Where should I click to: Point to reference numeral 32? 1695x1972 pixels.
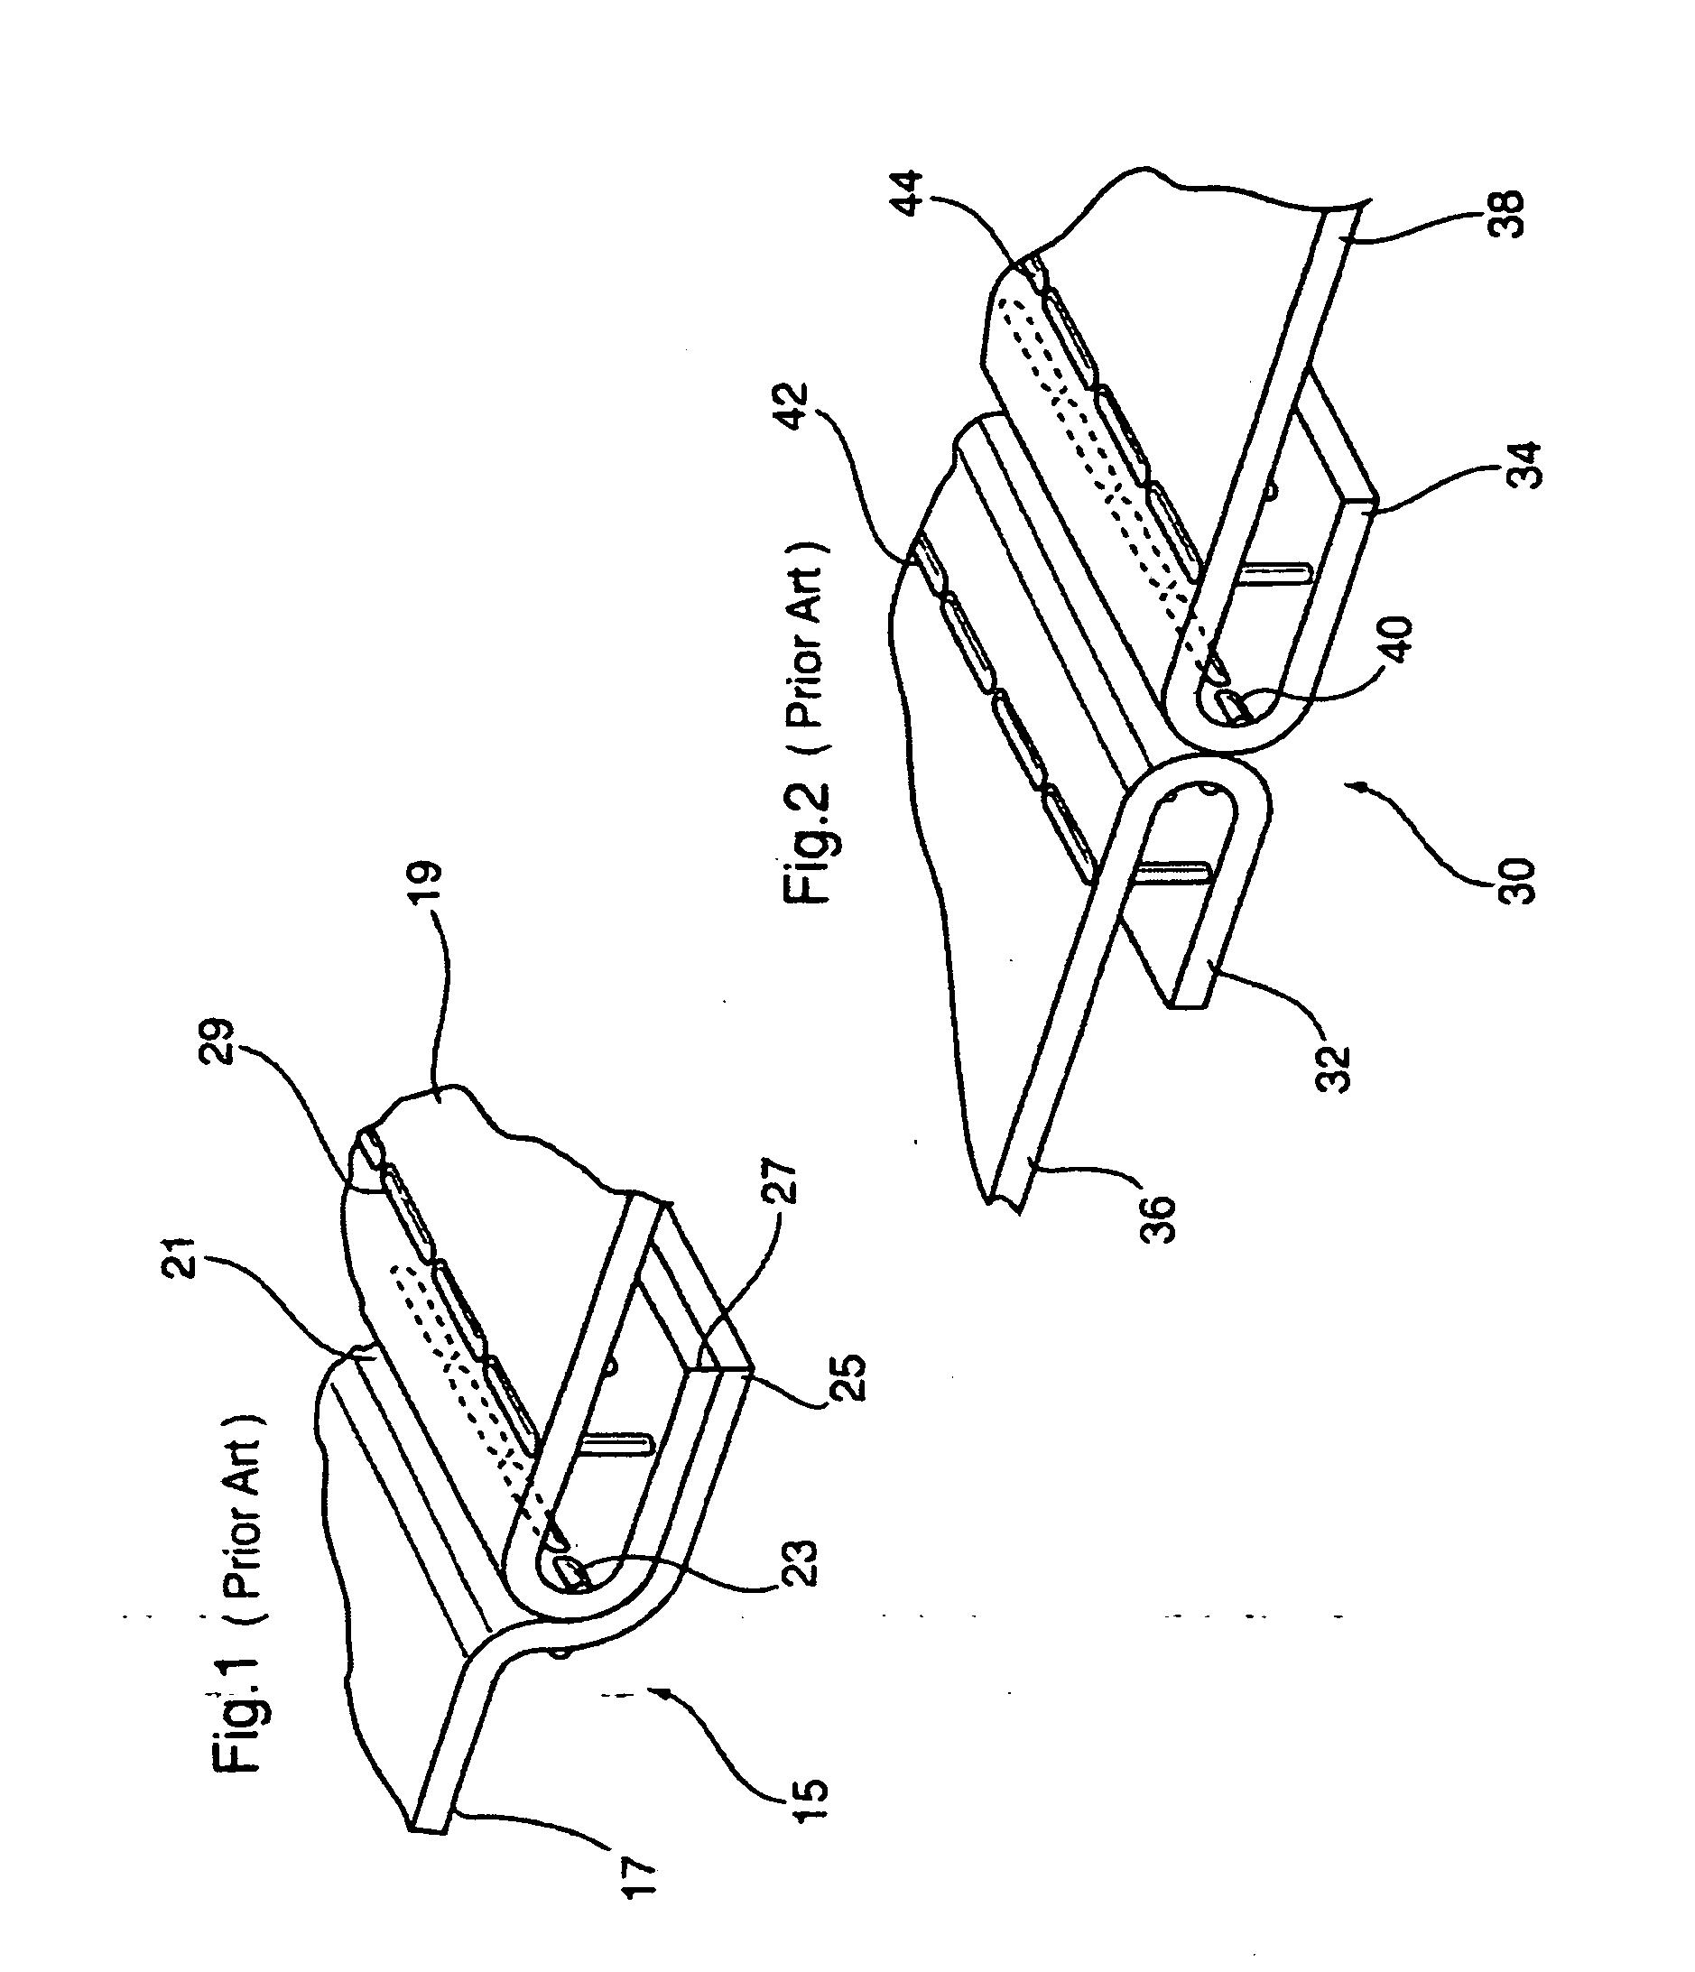1335,1069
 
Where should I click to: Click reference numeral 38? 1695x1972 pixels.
1508,215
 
